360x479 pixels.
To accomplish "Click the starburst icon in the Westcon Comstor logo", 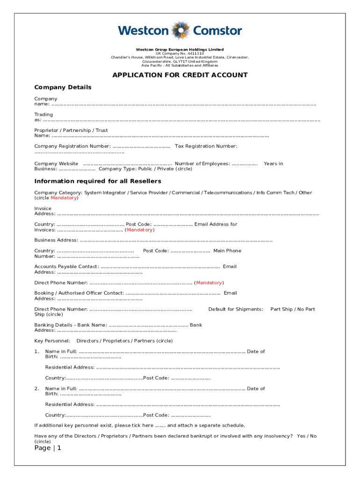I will [x=180, y=31].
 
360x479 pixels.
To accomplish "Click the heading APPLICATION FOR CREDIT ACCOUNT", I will [x=180, y=75].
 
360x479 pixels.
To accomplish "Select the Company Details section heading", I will [x=63, y=87].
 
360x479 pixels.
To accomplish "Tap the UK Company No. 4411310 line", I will [x=180, y=53].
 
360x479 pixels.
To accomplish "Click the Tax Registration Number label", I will [x=206, y=146].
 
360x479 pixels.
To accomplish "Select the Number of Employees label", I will [x=202, y=164].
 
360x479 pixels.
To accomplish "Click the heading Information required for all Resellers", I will [x=98, y=181].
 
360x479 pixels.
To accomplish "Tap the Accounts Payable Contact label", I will [x=66, y=267].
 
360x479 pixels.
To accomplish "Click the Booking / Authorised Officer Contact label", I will [x=79, y=293].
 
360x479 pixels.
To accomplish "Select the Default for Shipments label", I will [x=236, y=309].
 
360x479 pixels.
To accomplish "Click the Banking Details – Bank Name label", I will [x=71, y=325].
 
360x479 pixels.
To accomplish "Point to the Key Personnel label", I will [x=52, y=341].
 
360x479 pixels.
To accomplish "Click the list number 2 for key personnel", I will [x=36, y=389].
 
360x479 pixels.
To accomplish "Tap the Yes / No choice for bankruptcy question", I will [x=306, y=436].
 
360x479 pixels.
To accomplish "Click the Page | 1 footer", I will [x=48, y=448].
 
